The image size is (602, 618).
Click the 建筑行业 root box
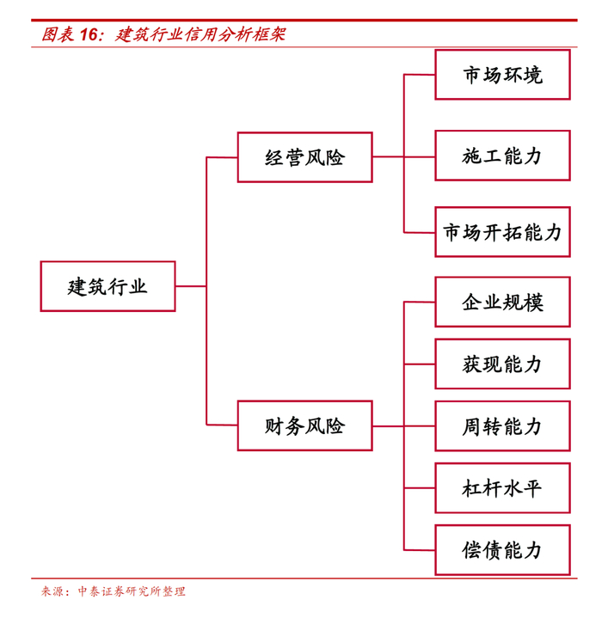coord(107,286)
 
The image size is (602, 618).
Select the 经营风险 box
coord(304,157)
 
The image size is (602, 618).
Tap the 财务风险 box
coord(304,425)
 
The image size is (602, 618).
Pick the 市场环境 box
coord(502,75)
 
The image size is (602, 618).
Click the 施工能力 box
coord(502,156)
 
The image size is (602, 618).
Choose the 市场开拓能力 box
coord(502,232)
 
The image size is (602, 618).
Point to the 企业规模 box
coord(502,302)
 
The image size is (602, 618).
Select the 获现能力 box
coord(502,364)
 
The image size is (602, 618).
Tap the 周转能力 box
coord(502,425)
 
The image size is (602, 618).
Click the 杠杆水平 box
coord(502,488)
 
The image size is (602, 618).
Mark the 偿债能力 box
coord(502,550)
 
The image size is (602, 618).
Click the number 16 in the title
coord(90,35)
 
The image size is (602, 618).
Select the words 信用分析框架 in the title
coord(232,35)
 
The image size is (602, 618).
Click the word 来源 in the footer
coord(52,591)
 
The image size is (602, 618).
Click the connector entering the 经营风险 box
coord(222,157)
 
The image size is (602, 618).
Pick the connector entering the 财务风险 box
coord(222,425)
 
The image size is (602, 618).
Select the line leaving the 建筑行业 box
coord(191,286)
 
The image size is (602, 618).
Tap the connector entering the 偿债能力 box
coord(420,550)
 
